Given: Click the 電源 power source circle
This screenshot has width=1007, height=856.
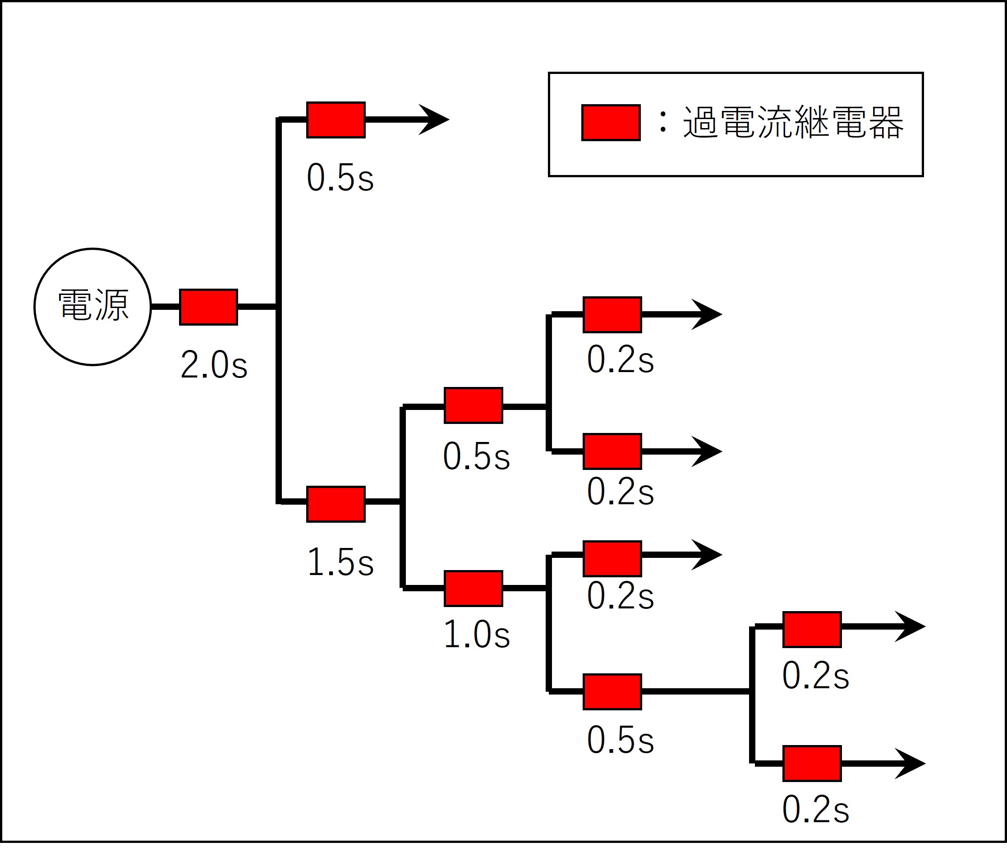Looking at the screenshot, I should (x=92, y=307).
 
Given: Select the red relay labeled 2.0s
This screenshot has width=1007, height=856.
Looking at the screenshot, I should (x=208, y=307).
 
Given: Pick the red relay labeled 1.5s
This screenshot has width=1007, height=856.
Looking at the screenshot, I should (x=336, y=504).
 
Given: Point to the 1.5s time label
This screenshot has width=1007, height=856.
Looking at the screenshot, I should (x=340, y=562).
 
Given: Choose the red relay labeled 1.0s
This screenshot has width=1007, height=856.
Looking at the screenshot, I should (x=473, y=588).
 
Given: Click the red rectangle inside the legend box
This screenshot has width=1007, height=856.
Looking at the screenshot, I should (x=611, y=122).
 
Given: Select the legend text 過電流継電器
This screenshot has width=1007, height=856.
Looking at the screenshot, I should (x=793, y=122).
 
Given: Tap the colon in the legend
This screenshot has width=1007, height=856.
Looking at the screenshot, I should (x=662, y=122).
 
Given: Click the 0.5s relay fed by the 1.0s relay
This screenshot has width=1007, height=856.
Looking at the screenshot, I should (x=612, y=691).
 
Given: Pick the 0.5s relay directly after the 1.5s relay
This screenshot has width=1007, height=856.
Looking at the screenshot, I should (x=473, y=405).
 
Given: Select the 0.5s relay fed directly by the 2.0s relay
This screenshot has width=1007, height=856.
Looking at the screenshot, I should (x=336, y=120).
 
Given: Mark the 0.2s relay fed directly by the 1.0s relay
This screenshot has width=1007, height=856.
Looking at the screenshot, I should (x=612, y=558).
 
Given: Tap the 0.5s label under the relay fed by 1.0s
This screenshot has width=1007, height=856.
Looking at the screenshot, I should (x=620, y=740).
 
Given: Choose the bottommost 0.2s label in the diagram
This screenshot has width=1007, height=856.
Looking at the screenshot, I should (x=815, y=809).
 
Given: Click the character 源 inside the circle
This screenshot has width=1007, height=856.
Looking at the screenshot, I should (x=112, y=305).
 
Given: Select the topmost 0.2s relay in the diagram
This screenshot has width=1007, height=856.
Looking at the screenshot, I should (x=612, y=314).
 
